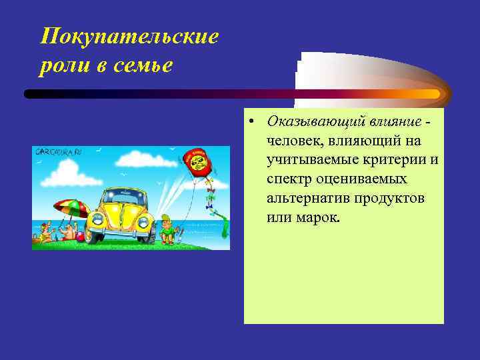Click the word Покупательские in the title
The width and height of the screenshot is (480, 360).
(x=129, y=37)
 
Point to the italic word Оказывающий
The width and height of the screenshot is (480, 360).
(x=310, y=122)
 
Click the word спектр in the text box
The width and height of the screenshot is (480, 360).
(x=289, y=180)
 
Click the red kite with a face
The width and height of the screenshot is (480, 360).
(x=198, y=162)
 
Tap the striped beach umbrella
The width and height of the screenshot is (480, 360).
(x=70, y=209)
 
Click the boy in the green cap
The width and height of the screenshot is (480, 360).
(x=168, y=227)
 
